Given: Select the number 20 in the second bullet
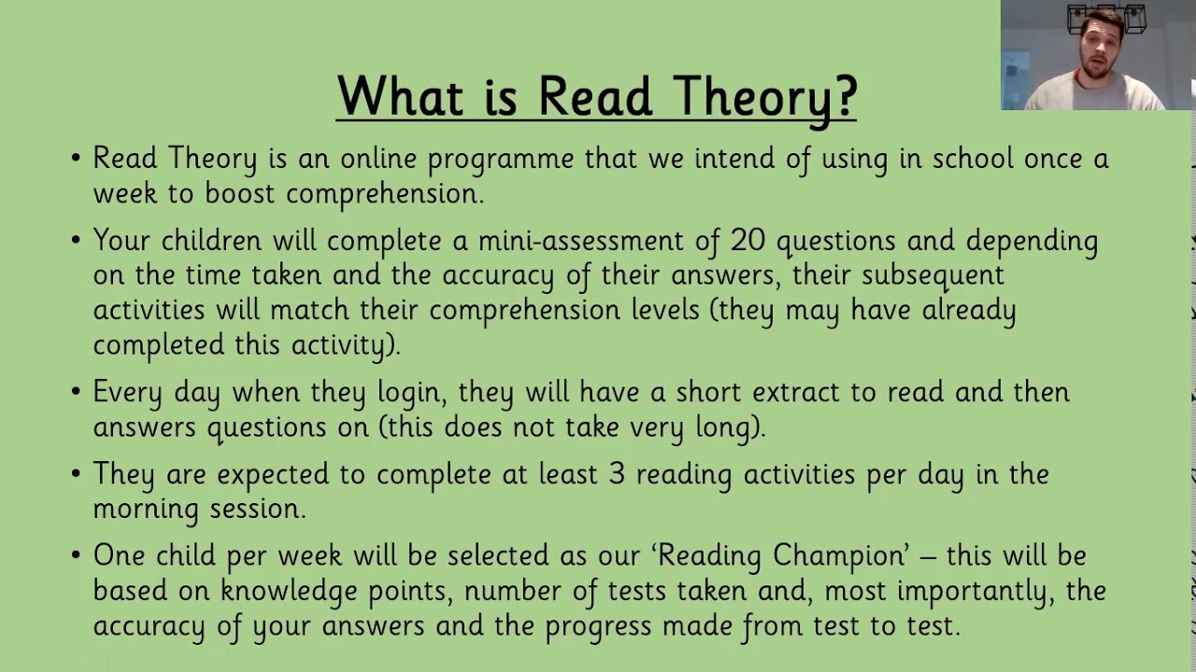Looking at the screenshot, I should (747, 241).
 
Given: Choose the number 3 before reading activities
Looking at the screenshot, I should (617, 474).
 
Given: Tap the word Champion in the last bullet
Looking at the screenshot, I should (839, 556).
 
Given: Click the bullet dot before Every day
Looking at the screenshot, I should (76, 393).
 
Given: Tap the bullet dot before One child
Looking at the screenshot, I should (76, 556).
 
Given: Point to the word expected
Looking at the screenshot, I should (272, 475).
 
